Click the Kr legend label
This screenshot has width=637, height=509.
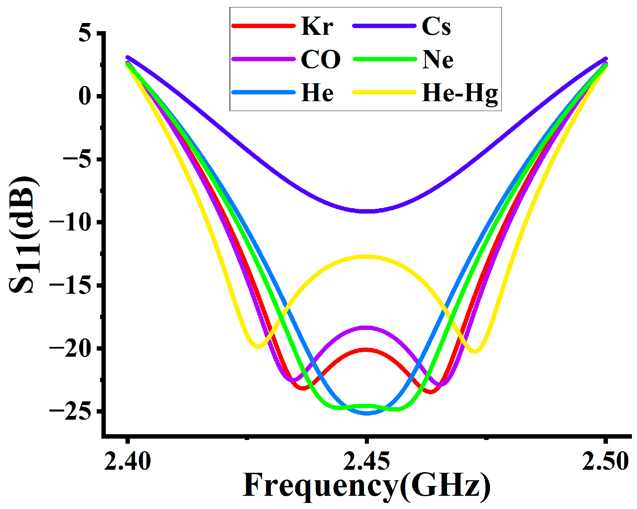click(317, 26)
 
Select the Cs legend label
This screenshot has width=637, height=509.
click(436, 26)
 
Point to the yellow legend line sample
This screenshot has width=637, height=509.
click(384, 92)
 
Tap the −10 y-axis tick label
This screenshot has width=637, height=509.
click(70, 222)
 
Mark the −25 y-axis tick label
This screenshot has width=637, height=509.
click(70, 411)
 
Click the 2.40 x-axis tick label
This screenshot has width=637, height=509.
click(127, 461)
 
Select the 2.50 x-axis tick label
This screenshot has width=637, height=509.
click(605, 461)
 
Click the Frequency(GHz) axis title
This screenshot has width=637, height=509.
click(367, 486)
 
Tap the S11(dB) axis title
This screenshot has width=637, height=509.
click(24, 234)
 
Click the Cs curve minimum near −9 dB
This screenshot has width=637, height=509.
click(367, 211)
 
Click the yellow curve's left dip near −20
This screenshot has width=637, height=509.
click(258, 346)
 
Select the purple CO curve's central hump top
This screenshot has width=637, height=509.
click(366, 328)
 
